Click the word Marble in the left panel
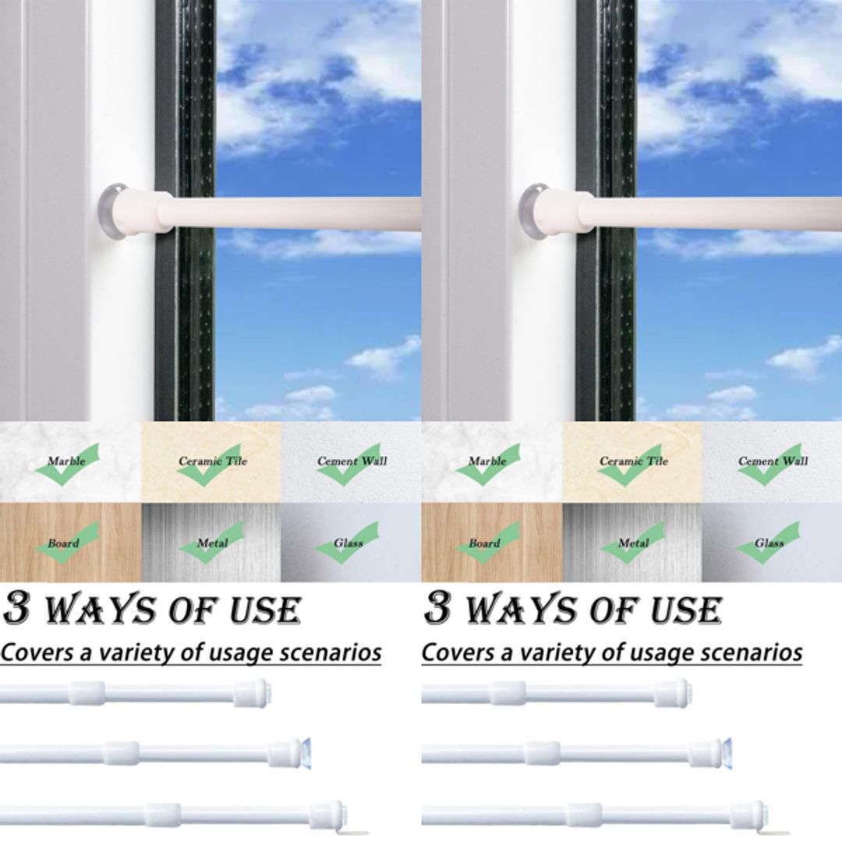coord(66,461)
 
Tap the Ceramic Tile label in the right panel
coord(634,461)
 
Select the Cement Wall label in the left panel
coord(352,461)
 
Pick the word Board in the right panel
coord(484,543)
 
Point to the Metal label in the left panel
coord(212,543)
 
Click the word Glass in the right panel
coord(769,543)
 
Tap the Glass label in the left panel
coord(348,543)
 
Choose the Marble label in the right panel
coord(487,461)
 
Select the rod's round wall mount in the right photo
coord(535,209)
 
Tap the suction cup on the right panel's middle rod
coord(727,752)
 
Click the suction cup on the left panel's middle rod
coord(306,752)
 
